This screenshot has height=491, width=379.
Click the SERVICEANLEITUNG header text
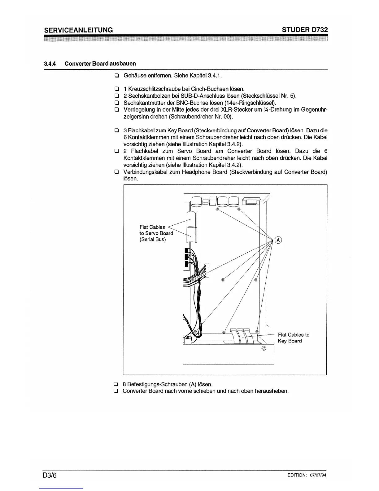pos(78,30)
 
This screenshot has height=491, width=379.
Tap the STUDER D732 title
pos(305,30)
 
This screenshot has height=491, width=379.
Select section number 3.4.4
pos(49,64)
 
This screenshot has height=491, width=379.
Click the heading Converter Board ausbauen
pos(100,64)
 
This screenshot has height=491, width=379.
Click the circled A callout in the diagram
pos(278,240)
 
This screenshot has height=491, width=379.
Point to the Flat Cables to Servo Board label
pos(156,233)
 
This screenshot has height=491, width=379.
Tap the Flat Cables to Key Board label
pos(293,338)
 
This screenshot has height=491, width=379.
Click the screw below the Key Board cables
pos(264,348)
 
